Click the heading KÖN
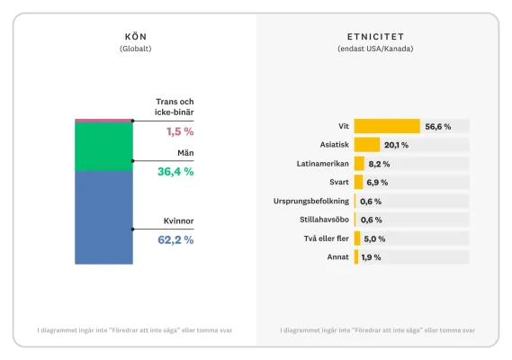(136, 36)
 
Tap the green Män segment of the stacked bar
(103, 146)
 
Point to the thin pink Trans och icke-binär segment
(103, 120)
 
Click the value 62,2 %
(175, 240)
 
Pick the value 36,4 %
(175, 171)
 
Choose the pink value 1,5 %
(180, 131)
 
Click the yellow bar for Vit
(387, 126)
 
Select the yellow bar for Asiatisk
(366, 145)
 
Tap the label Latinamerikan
(322, 164)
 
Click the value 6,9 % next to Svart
(375, 183)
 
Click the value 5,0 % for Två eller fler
(374, 238)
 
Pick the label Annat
(338, 257)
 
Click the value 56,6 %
(438, 127)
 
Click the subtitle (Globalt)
(136, 48)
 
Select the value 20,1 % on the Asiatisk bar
(396, 145)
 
